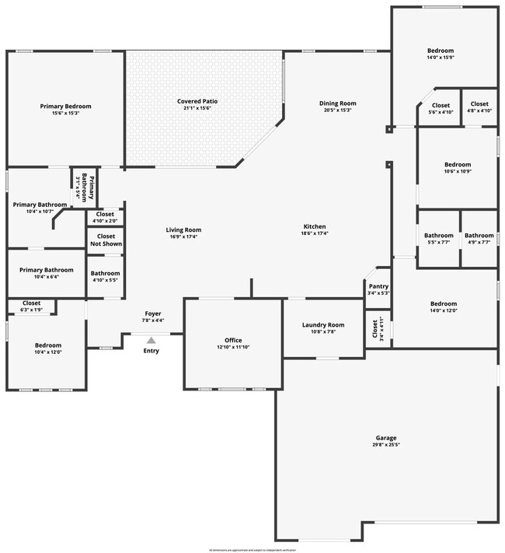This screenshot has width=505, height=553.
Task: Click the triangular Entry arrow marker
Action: pos(151,339)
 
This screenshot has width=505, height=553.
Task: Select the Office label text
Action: pos(233,341)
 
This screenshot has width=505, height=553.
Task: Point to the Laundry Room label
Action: pos(323,325)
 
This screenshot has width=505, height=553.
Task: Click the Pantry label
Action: pos(378,286)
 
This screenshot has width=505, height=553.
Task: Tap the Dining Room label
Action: pos(337,103)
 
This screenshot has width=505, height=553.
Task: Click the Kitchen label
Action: pos(315,226)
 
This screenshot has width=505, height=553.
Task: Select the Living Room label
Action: pos(183,229)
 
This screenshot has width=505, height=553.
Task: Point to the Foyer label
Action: pos(151,313)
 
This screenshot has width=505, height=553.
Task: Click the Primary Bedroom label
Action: pos(66,107)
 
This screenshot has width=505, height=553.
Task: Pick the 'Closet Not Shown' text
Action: pos(106,240)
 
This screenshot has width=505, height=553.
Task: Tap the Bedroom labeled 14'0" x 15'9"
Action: pos(441,51)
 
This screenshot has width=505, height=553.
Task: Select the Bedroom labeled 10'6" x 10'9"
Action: pos(458,165)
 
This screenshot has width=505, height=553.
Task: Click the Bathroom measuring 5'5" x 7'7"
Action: pos(438,236)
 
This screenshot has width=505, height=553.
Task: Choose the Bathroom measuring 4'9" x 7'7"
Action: pos(479,236)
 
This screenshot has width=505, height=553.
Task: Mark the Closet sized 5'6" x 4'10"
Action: pos(441,105)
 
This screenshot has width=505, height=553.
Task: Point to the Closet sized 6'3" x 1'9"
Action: pos(32,303)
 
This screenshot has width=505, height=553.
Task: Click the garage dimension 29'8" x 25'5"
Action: pos(386,445)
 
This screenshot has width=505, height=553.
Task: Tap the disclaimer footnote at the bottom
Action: pos(252,549)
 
